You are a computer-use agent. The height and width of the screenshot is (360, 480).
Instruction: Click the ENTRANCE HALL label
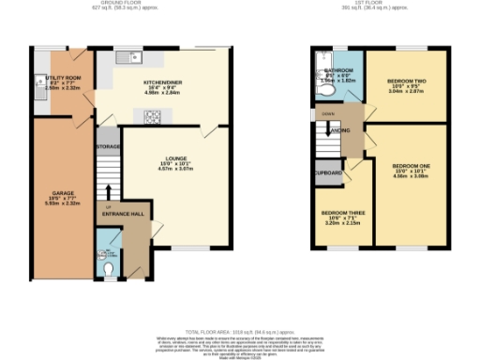click(123, 214)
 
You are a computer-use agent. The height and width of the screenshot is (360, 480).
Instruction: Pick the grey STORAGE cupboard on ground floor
click(108, 147)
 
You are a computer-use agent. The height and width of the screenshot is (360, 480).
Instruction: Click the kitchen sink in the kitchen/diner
click(127, 59)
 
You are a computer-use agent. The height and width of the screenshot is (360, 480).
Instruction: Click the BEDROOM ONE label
click(412, 169)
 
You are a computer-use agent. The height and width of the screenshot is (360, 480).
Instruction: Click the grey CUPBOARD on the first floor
click(328, 172)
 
